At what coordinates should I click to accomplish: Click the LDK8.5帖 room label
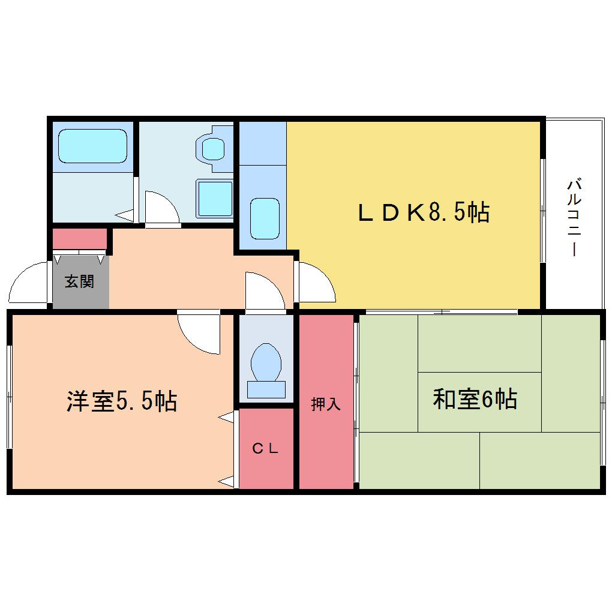coord(424,213)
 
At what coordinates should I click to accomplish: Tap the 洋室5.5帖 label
coord(122,401)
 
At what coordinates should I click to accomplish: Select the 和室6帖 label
coord(475,399)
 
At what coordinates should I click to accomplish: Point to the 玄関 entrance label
coord(80,281)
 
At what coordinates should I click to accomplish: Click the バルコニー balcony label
coord(574,217)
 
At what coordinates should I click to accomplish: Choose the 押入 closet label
coord(326,404)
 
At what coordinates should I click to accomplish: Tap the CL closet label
coord(265,448)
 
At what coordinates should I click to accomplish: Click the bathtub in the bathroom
coord(92,146)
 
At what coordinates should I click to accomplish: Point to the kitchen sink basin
coord(265,218)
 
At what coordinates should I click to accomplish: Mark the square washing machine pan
coord(214,199)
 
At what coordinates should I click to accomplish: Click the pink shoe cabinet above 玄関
coord(80,239)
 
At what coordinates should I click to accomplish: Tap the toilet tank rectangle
coord(266,390)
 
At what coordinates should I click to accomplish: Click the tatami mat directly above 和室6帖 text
coord(479,343)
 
